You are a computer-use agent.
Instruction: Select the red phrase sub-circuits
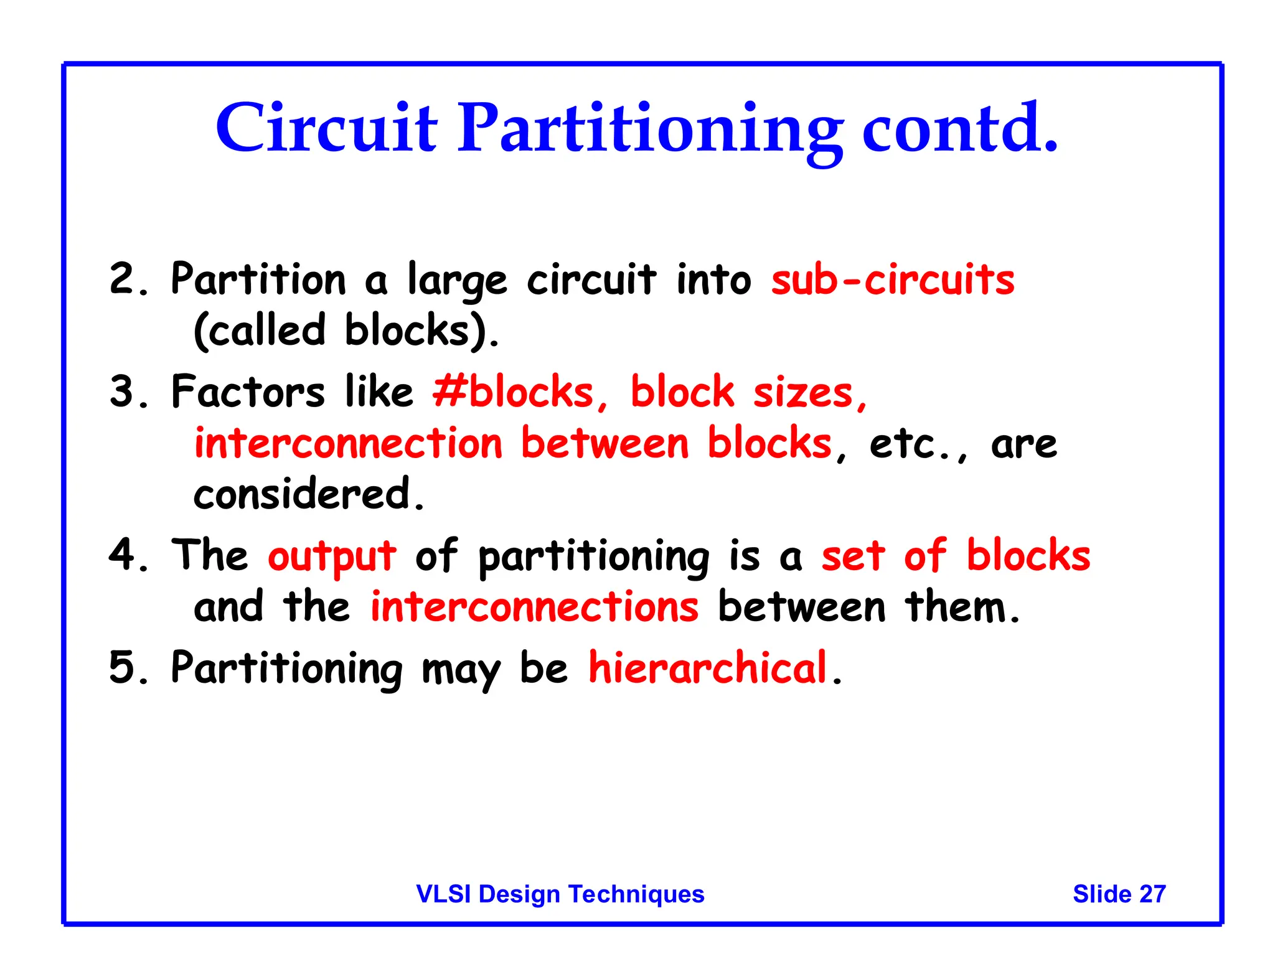point(893,279)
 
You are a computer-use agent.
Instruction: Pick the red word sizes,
point(810,393)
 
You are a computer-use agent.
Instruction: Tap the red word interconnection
point(348,444)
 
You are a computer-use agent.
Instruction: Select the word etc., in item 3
point(919,444)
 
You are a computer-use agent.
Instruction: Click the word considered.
point(309,494)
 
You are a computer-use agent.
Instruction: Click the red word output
point(331,556)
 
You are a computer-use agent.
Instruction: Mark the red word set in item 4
point(852,556)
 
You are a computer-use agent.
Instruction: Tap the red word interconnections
point(534,607)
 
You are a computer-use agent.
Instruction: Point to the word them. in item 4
point(962,607)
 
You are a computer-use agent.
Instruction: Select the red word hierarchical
point(708,667)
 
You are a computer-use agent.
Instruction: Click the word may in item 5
point(460,670)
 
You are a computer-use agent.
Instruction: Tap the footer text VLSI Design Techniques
point(560,894)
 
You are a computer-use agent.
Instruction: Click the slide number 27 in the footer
point(1152,894)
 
